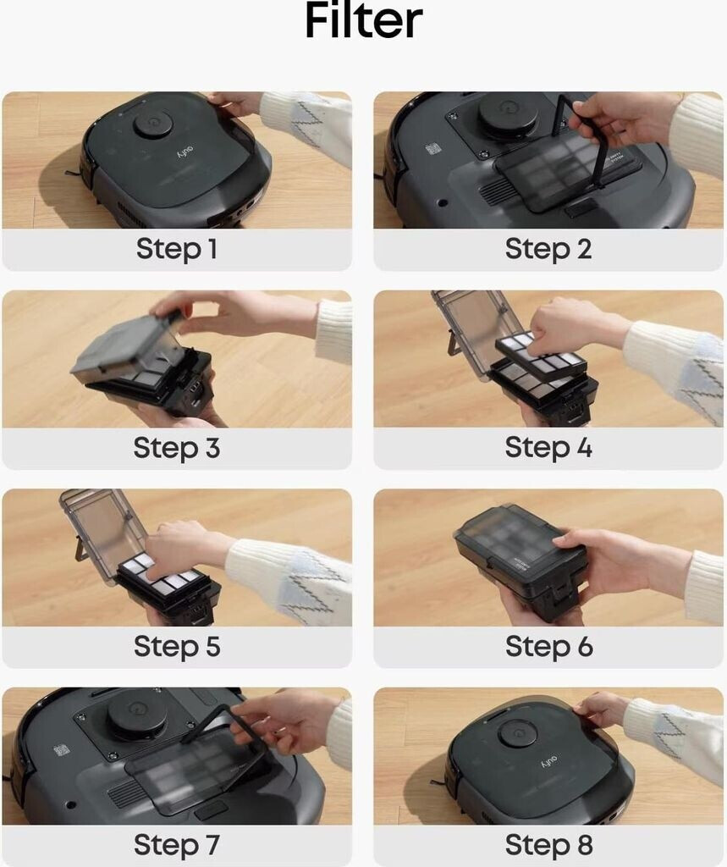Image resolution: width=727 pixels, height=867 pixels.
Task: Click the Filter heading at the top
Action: coord(363,21)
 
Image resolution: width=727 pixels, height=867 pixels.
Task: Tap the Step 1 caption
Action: coord(176,249)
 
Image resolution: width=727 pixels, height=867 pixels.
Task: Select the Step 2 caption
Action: coord(548,249)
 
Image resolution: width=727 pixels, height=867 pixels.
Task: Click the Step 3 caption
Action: coord(176,447)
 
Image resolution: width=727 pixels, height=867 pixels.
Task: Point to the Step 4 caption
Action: coord(548,447)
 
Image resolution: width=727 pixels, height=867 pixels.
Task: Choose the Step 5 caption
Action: coord(176,646)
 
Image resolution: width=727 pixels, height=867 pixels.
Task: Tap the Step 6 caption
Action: coord(548,646)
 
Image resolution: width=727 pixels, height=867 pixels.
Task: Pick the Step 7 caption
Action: coord(176,845)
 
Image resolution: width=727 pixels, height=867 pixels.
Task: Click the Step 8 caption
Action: coord(548,845)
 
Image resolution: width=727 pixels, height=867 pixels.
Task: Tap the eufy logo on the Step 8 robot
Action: coord(548,761)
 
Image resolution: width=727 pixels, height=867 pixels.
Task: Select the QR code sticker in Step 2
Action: coord(433,149)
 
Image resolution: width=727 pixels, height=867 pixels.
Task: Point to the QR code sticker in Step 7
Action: coord(61,750)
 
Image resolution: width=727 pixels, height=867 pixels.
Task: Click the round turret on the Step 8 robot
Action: coord(517,733)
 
